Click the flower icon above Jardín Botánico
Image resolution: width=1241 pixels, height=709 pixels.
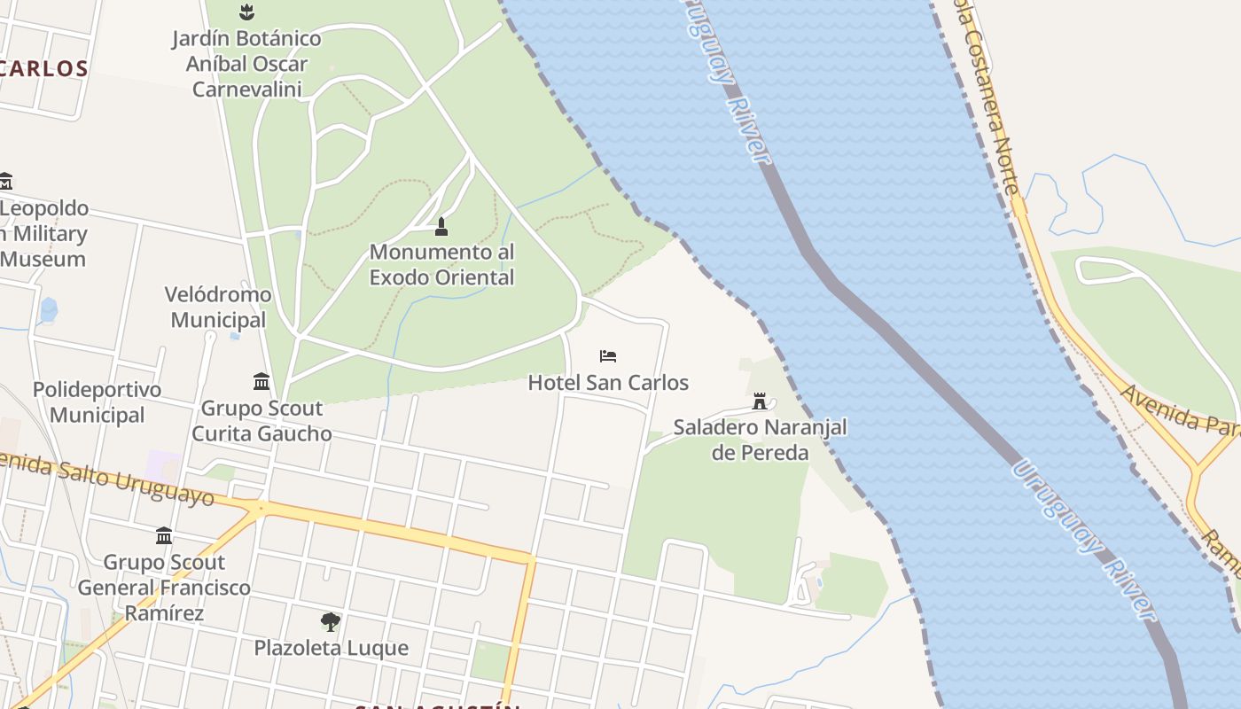pyautogui.click(x=246, y=12)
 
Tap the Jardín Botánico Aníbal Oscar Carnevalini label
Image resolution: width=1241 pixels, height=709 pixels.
pyautogui.click(x=246, y=64)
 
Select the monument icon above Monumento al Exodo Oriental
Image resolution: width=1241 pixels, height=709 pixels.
pyautogui.click(x=441, y=227)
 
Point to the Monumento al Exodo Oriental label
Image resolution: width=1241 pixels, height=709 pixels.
pyautogui.click(x=441, y=265)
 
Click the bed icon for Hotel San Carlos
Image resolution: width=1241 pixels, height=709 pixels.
pyautogui.click(x=608, y=356)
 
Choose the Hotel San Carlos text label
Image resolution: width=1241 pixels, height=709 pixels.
pyautogui.click(x=608, y=383)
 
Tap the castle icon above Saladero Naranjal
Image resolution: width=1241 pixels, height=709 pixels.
pyautogui.click(x=760, y=401)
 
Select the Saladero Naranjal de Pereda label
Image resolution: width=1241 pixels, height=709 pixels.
pyautogui.click(x=760, y=440)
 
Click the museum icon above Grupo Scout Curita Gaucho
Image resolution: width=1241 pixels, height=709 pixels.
pyautogui.click(x=261, y=381)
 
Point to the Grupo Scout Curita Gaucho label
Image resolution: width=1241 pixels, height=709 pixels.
pyautogui.click(x=261, y=421)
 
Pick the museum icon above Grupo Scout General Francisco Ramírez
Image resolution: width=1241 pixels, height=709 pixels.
pyautogui.click(x=164, y=535)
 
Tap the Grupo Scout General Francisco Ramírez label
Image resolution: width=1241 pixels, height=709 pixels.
pyautogui.click(x=164, y=588)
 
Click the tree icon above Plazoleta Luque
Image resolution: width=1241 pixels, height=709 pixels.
pyautogui.click(x=331, y=621)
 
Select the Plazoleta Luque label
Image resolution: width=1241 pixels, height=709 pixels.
pyautogui.click(x=332, y=648)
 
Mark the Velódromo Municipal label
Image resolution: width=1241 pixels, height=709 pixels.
pyautogui.click(x=218, y=307)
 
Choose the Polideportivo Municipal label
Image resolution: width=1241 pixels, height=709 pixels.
pyautogui.click(x=98, y=402)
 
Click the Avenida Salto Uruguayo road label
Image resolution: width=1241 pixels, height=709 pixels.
pyautogui.click(x=106, y=478)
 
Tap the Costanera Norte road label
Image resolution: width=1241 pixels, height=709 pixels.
pyautogui.click(x=989, y=97)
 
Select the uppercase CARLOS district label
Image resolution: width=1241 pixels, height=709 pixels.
pyautogui.click(x=44, y=69)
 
